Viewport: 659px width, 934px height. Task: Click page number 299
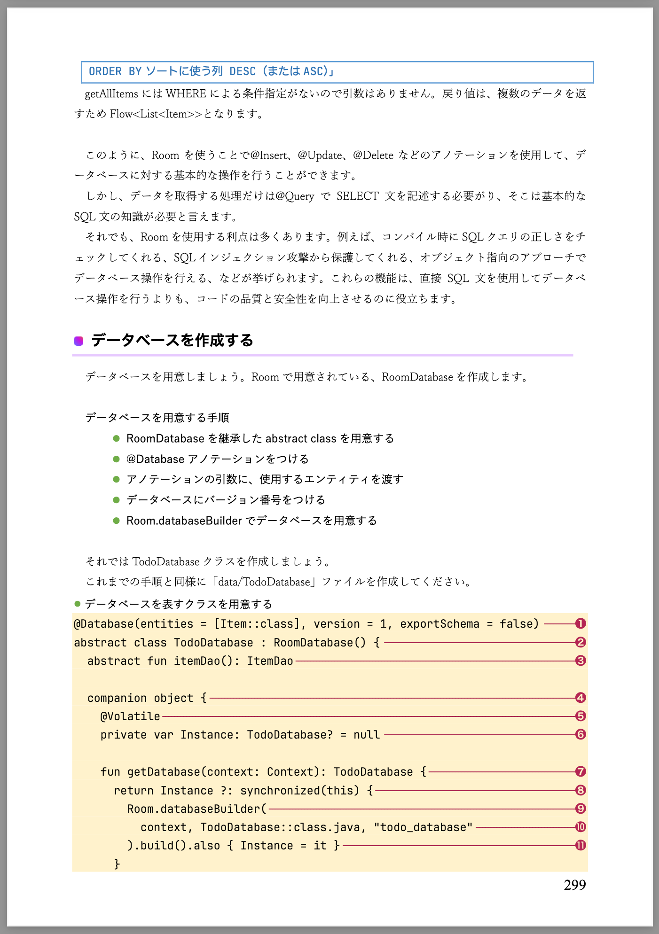(574, 885)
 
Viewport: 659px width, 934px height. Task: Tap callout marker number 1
(581, 623)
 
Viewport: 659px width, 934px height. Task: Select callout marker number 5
(581, 716)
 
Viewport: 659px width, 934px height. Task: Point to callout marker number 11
(581, 845)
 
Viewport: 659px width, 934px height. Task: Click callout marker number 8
(581, 790)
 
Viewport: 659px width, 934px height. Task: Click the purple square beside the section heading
(78, 341)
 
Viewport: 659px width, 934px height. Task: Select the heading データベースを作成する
(172, 340)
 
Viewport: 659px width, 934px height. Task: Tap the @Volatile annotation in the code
(130, 716)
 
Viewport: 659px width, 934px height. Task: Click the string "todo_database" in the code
(423, 827)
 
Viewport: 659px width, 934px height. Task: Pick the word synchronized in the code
(280, 791)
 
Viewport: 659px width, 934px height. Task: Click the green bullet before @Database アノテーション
(117, 459)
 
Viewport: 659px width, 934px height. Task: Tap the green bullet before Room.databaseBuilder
(117, 521)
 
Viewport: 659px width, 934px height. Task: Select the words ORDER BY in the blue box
(115, 71)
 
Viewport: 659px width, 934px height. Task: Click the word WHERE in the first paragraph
(186, 94)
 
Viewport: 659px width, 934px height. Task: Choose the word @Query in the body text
(295, 196)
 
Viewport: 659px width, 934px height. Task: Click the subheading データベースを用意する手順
(157, 418)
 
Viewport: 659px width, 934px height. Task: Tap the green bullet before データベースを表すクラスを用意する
(78, 604)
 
